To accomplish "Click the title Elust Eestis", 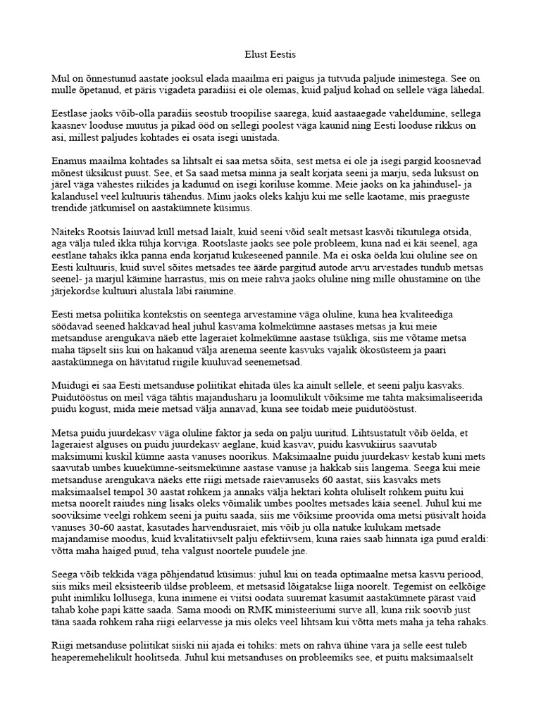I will pyautogui.click(x=270, y=54).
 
